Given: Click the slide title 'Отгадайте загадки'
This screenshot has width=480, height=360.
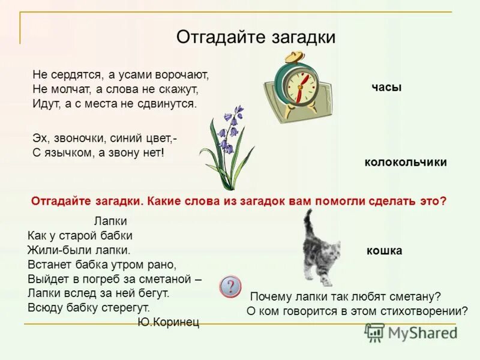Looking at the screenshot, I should [x=256, y=37].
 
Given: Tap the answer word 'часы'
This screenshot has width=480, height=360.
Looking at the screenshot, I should [x=386, y=88].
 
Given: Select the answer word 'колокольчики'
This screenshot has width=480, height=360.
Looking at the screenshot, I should [x=406, y=162].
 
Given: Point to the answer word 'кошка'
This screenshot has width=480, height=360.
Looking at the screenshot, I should [x=384, y=251].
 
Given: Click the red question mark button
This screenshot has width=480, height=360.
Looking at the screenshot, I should [x=231, y=286].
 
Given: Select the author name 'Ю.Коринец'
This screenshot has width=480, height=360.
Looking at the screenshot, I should [x=168, y=322].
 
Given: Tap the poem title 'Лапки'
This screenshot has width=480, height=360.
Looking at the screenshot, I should [x=111, y=221].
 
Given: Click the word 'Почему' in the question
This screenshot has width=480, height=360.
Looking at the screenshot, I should [x=270, y=296].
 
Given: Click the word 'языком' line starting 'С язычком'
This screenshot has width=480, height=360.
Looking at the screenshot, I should [x=65, y=153].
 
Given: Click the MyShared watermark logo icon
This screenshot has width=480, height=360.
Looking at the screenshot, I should [x=374, y=332].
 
